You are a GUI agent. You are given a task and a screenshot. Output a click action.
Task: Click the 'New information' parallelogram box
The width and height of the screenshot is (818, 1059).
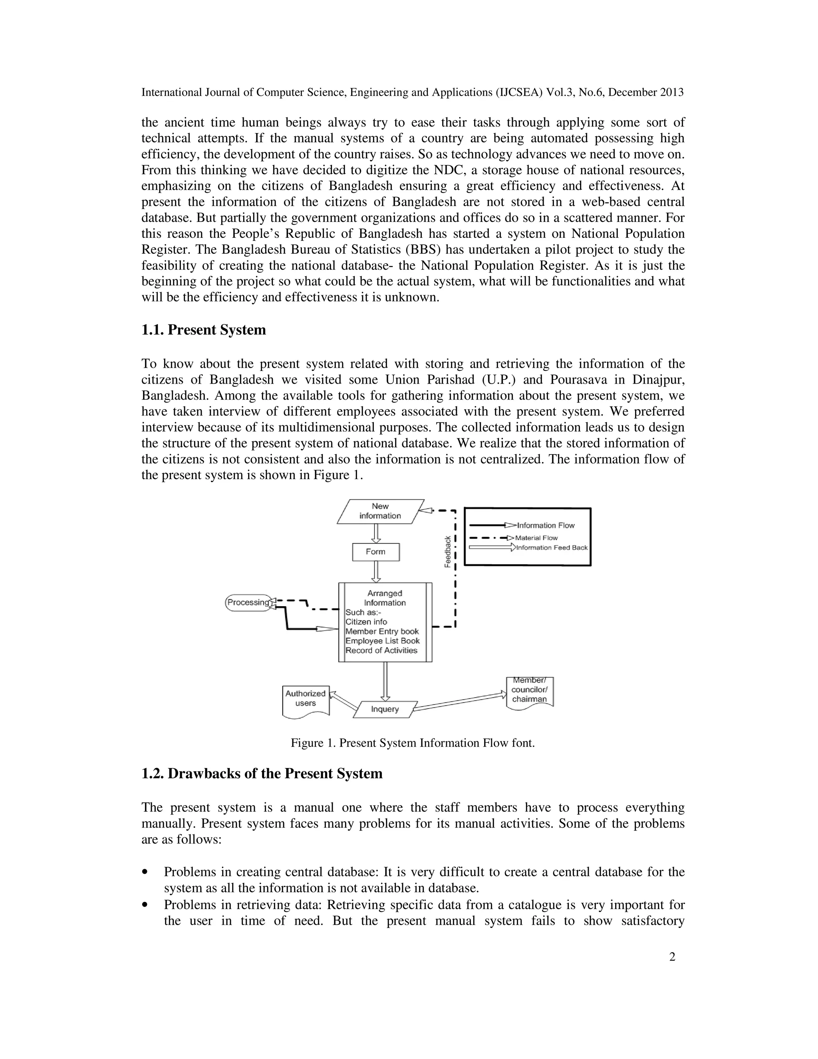[x=380, y=511]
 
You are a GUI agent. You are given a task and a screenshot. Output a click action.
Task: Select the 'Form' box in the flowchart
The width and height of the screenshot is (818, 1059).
[x=375, y=552]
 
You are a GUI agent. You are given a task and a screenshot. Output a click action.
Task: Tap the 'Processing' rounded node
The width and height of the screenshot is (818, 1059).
[x=248, y=602]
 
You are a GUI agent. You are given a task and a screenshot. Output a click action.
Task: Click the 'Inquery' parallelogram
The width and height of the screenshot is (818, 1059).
[x=385, y=709]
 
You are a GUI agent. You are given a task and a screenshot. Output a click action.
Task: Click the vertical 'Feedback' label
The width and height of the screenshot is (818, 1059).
[x=448, y=551]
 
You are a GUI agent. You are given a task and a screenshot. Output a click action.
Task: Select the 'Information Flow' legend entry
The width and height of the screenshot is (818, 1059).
[x=546, y=525]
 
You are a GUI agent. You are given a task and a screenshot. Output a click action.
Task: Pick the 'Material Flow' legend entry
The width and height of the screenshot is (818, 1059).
[x=536, y=538]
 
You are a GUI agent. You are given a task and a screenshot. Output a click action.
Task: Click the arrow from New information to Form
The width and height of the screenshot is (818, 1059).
[x=376, y=533]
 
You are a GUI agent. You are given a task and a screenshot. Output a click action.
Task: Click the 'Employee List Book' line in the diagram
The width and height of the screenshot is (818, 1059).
[x=382, y=641]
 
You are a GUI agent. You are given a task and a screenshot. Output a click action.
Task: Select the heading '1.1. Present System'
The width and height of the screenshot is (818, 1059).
[x=204, y=330]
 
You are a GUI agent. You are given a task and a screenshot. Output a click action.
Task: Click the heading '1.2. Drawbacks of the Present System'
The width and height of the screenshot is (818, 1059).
[x=262, y=773]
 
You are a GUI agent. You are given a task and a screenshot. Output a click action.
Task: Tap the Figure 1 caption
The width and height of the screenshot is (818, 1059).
[x=412, y=743]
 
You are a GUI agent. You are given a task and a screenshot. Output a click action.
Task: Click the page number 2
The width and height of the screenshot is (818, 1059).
[x=672, y=957]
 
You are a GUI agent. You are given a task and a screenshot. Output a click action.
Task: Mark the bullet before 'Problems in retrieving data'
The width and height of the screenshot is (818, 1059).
[x=145, y=905]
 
